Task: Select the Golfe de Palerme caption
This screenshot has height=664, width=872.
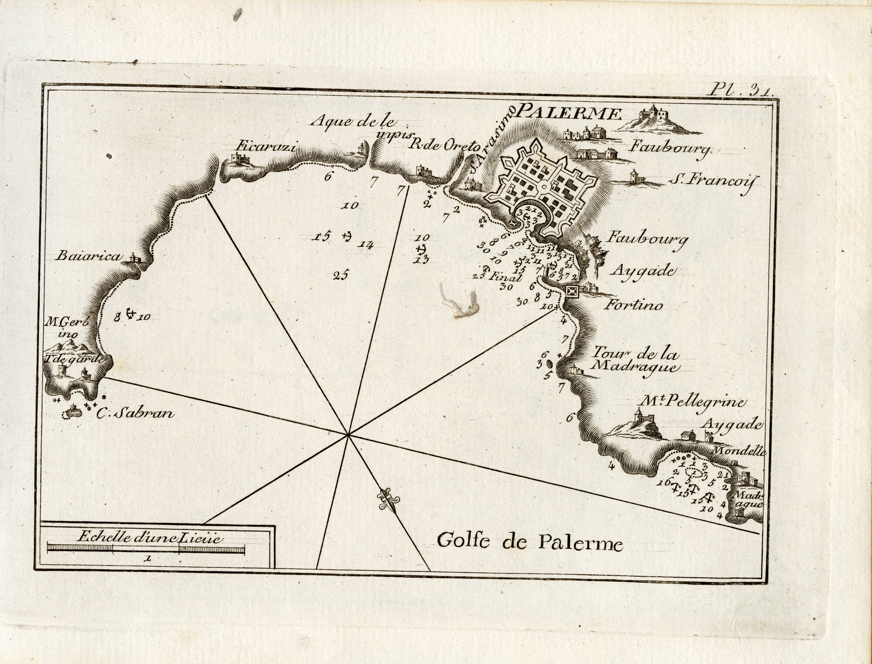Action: point(530,544)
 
